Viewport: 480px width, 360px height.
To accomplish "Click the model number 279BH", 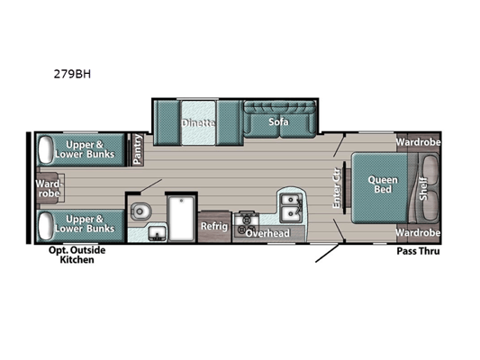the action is pyautogui.click(x=72, y=74).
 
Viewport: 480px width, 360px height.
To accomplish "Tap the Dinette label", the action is pyautogui.click(x=198, y=123).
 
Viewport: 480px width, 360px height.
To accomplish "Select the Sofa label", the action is pyautogui.click(x=278, y=121).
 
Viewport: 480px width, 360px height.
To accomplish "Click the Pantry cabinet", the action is pyautogui.click(x=138, y=149).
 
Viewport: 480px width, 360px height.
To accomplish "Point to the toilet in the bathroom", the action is pyautogui.click(x=140, y=211).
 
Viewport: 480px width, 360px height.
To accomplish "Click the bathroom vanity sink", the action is pyautogui.click(x=157, y=234).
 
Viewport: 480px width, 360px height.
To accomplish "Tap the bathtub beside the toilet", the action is pyautogui.click(x=181, y=219).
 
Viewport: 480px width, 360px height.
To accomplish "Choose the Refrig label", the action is pyautogui.click(x=214, y=226).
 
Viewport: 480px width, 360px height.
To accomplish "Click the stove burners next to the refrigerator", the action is pyautogui.click(x=247, y=224).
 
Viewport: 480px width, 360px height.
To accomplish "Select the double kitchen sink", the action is pyautogui.click(x=292, y=208).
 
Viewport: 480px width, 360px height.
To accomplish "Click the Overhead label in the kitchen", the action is pyautogui.click(x=267, y=233).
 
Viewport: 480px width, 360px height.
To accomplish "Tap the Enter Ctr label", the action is pyautogui.click(x=336, y=188).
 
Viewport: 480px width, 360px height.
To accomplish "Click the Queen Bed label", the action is pyautogui.click(x=383, y=184).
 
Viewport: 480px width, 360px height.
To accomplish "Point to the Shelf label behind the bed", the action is pyautogui.click(x=422, y=188).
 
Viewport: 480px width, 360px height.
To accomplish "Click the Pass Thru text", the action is pyautogui.click(x=418, y=251).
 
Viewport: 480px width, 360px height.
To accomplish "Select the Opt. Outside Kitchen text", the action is pyautogui.click(x=77, y=255).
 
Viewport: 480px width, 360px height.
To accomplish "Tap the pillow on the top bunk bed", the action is pyautogui.click(x=45, y=150).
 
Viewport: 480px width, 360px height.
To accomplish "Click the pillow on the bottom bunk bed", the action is pyautogui.click(x=45, y=226).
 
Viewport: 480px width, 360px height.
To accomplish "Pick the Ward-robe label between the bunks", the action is pyautogui.click(x=48, y=188).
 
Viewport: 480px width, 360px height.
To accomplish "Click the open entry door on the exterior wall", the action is pyautogui.click(x=327, y=253).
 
